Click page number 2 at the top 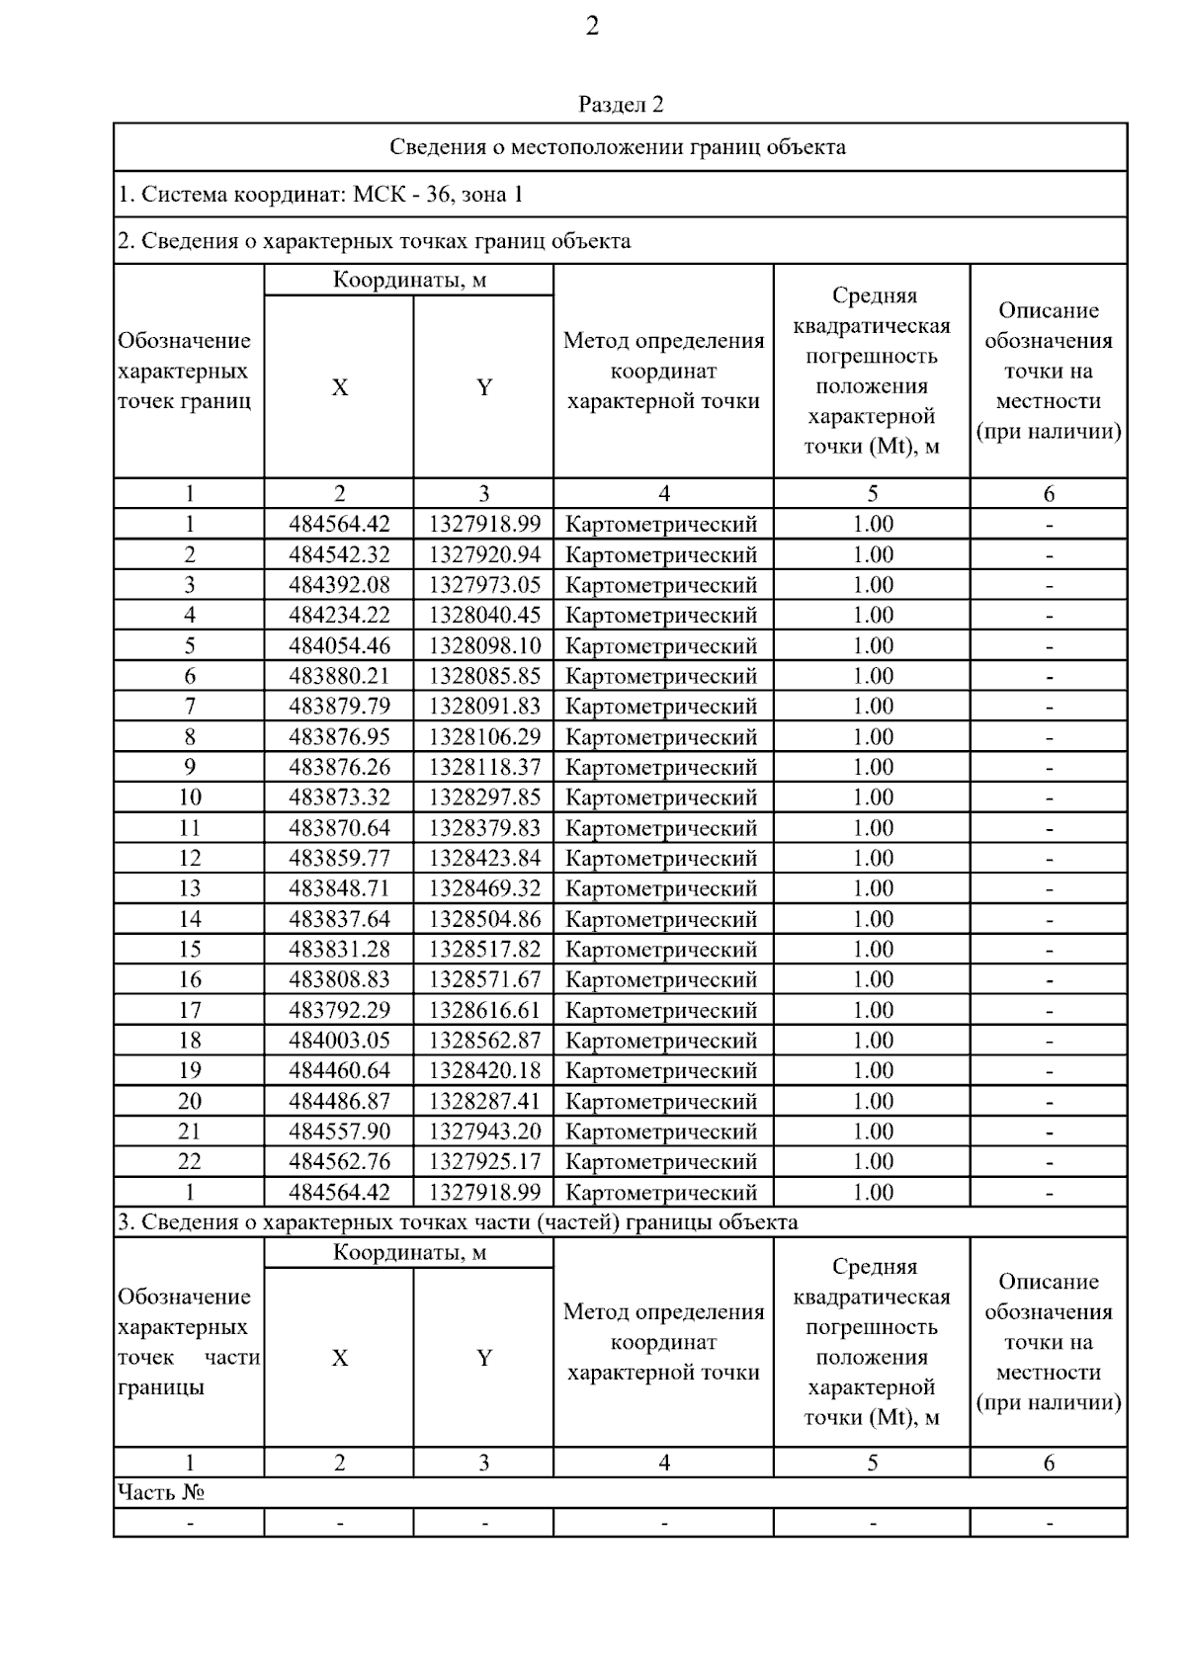pyautogui.click(x=592, y=27)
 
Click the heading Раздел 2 pyautogui.click(x=621, y=105)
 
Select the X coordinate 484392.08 pyautogui.click(x=339, y=585)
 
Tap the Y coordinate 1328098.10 pyautogui.click(x=484, y=646)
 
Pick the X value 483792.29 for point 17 pyautogui.click(x=339, y=1010)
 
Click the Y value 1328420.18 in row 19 pyautogui.click(x=484, y=1071)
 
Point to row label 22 pyautogui.click(x=190, y=1162)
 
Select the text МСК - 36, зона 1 pyautogui.click(x=437, y=195)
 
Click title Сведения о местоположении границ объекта pyautogui.click(x=618, y=148)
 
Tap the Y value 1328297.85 pyautogui.click(x=484, y=797)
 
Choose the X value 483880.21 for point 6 pyautogui.click(x=339, y=676)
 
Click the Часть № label pyautogui.click(x=161, y=1492)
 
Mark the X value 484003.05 pyautogui.click(x=339, y=1041)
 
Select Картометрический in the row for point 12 pyautogui.click(x=661, y=859)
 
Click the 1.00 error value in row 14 pyautogui.click(x=873, y=919)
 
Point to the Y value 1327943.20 pyautogui.click(x=484, y=1132)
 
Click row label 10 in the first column pyautogui.click(x=190, y=797)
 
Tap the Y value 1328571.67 pyautogui.click(x=484, y=980)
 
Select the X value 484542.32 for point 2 pyautogui.click(x=339, y=554)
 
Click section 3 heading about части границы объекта pyautogui.click(x=458, y=1222)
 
